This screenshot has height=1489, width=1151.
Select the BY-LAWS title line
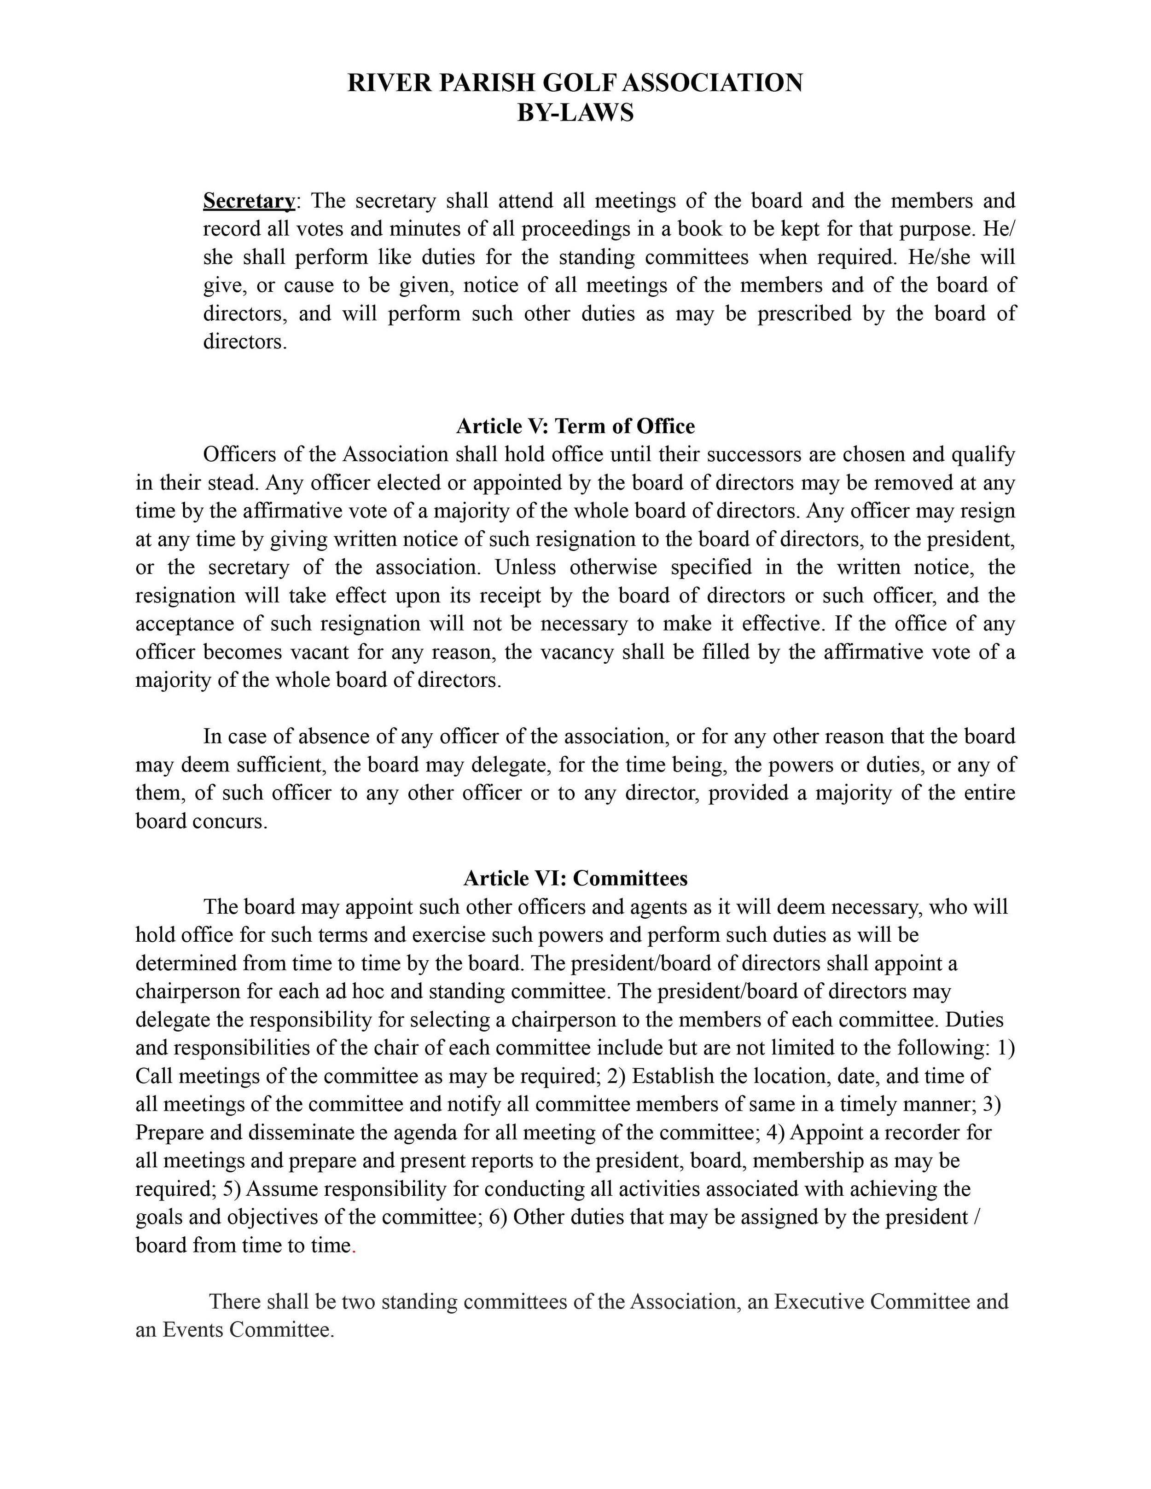point(575,112)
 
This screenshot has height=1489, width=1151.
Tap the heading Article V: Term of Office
point(575,426)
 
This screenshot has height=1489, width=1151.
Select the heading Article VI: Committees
point(575,878)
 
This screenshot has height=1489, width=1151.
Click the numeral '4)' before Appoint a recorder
point(776,1132)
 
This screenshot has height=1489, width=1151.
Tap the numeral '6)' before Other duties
point(498,1217)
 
